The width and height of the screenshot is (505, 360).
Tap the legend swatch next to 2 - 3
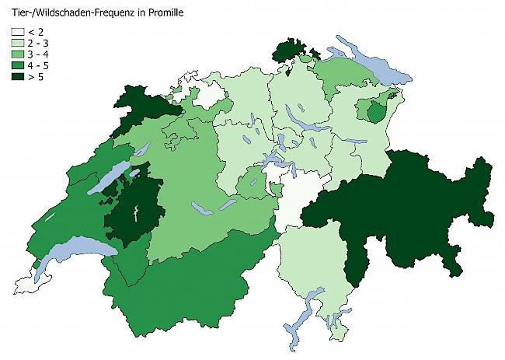[x=17, y=44]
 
